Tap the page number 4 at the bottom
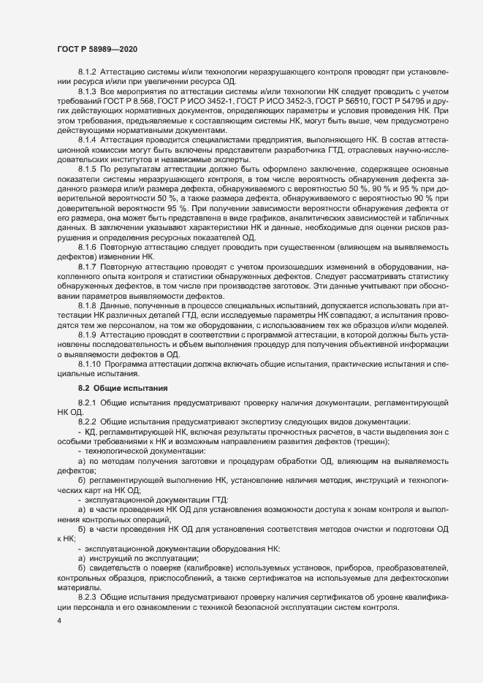58,622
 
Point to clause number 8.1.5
87,169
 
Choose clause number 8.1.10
89,363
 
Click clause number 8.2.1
87,403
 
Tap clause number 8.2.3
87,598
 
